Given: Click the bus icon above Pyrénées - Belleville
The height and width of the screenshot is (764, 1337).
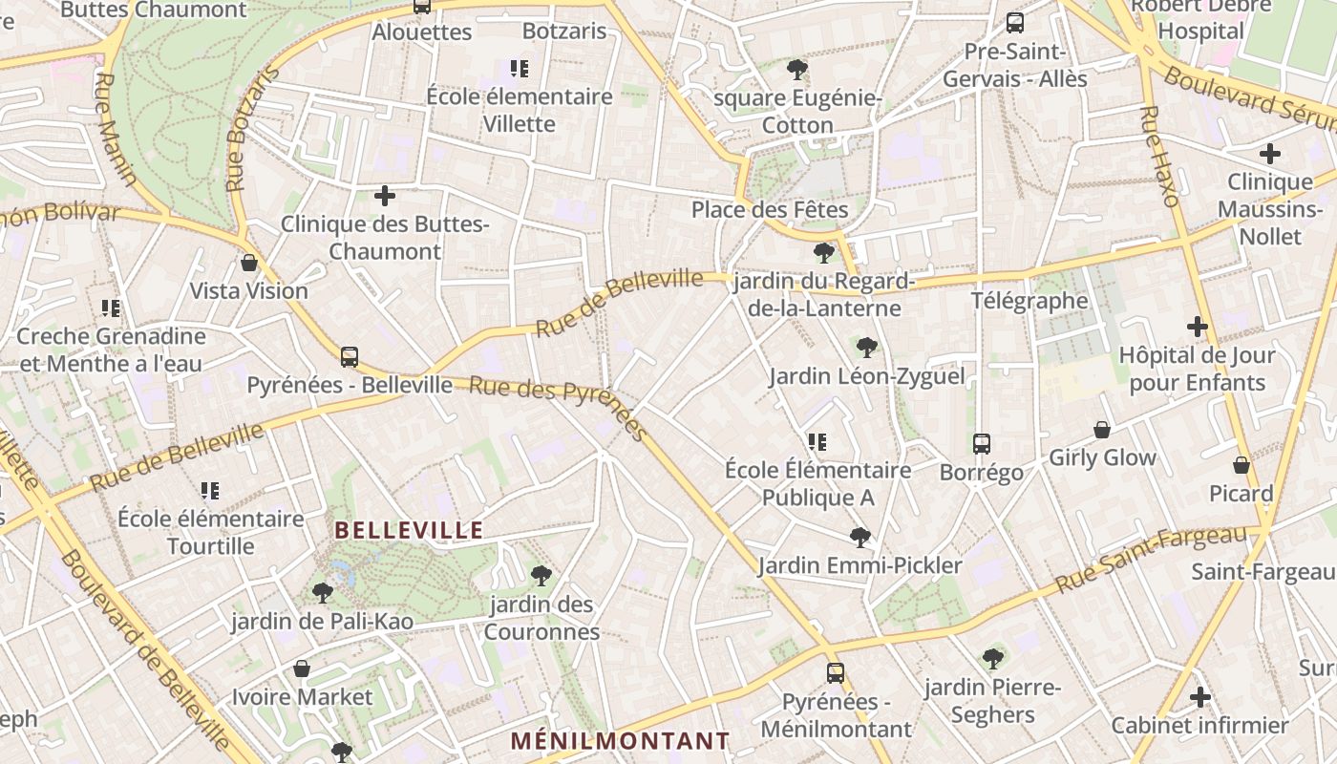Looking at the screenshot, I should pyautogui.click(x=350, y=357).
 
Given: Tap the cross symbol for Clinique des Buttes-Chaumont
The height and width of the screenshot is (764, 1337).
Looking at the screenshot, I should pyautogui.click(x=385, y=196).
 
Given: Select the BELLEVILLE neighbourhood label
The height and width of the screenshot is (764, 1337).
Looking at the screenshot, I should pyautogui.click(x=409, y=530).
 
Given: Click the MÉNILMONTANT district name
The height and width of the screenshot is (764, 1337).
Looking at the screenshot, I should pyautogui.click(x=620, y=740).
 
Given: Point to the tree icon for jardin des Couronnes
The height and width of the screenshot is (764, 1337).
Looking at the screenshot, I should pyautogui.click(x=541, y=576).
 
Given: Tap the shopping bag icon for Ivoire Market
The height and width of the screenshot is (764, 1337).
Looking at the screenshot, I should pyautogui.click(x=302, y=668).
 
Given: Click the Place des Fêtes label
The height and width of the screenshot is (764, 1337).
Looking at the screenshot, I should pyautogui.click(x=770, y=208).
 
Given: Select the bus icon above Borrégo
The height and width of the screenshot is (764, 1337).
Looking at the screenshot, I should pyautogui.click(x=982, y=444).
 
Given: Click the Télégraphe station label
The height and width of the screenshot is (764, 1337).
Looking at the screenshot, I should pyautogui.click(x=1029, y=301).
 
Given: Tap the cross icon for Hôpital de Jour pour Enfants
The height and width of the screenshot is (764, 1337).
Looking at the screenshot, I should pyautogui.click(x=1198, y=327).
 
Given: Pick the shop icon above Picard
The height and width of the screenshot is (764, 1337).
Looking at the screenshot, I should pyautogui.click(x=1241, y=465).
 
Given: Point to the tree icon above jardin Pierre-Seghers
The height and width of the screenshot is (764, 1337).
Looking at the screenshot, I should pyautogui.click(x=993, y=658).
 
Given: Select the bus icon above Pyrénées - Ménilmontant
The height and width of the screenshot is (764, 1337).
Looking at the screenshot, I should pyautogui.click(x=836, y=673).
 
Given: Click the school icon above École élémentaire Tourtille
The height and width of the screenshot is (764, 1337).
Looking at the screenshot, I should pyautogui.click(x=210, y=491).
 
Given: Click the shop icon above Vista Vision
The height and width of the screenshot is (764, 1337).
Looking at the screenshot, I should pyautogui.click(x=249, y=263).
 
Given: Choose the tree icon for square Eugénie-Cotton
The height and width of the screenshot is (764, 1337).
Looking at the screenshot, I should pyautogui.click(x=797, y=70).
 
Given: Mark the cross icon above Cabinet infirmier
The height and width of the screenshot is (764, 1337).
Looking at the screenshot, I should pyautogui.click(x=1200, y=697).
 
